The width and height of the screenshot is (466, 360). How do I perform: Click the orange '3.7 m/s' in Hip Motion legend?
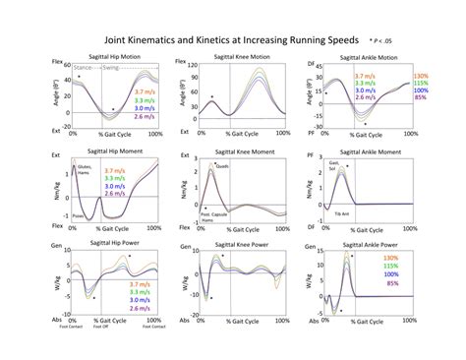(x=124, y=90)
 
